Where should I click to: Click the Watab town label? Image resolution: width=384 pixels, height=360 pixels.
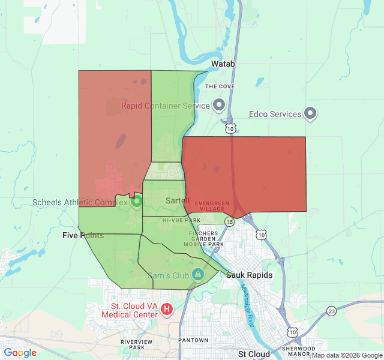click(x=223, y=63)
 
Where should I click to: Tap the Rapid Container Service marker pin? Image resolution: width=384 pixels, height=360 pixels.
click(x=219, y=106)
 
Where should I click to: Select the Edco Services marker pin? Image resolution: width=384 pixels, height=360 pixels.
click(x=310, y=114)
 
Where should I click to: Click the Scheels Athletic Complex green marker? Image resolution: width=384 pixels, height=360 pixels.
click(x=136, y=202)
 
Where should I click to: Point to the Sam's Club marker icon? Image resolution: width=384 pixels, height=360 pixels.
click(x=198, y=275)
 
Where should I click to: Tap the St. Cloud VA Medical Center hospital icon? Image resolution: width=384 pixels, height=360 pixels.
click(x=167, y=310)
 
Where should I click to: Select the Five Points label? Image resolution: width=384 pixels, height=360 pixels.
click(x=83, y=235)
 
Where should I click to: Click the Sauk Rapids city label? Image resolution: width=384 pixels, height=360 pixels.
click(x=250, y=275)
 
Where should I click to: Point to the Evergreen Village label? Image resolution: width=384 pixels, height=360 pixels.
click(x=213, y=206)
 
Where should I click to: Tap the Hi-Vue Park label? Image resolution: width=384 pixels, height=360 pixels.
click(x=181, y=221)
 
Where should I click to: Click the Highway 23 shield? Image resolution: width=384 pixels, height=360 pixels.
click(x=332, y=310)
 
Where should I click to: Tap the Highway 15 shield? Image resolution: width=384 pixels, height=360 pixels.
click(x=230, y=221)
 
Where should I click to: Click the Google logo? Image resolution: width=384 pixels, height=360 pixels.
click(x=20, y=353)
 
